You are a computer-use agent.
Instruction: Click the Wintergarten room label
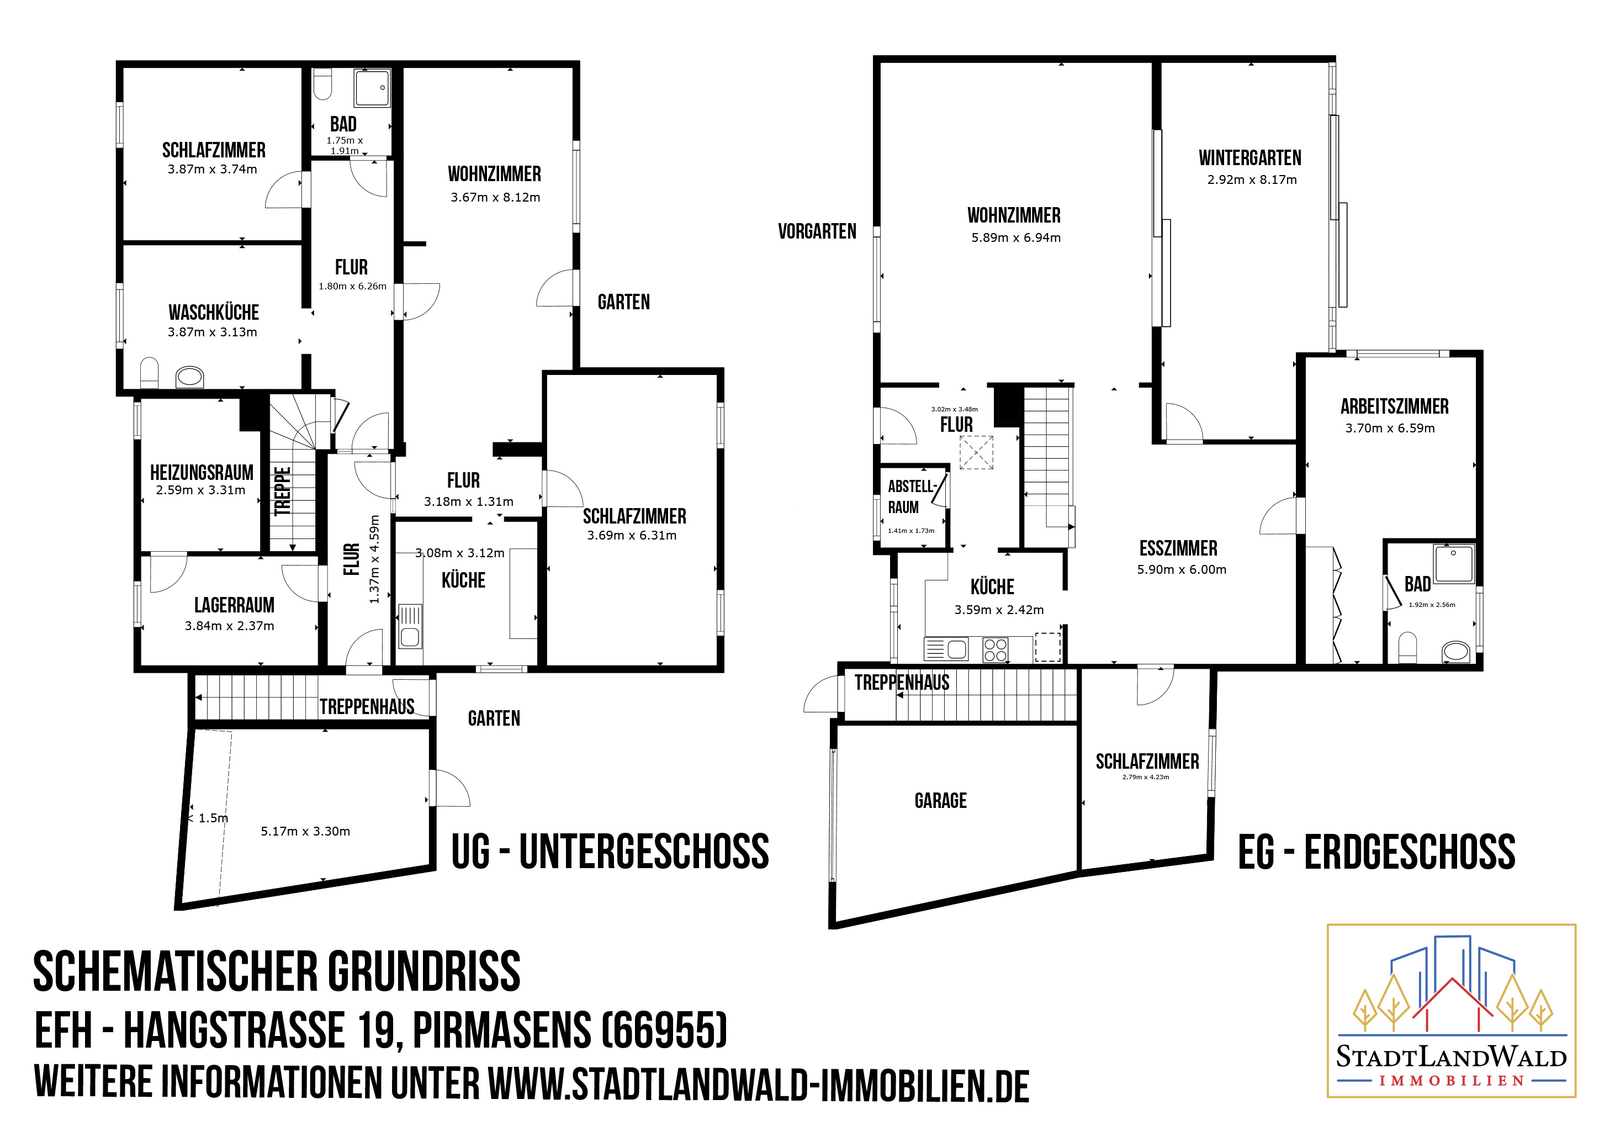coord(1249,158)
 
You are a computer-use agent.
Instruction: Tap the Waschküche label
coord(213,313)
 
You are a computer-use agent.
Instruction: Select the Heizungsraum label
coord(202,473)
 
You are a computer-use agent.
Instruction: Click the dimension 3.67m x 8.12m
coord(495,198)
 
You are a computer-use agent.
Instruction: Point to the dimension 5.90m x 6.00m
coord(1181,570)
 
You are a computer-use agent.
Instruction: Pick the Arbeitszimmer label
coord(1394,406)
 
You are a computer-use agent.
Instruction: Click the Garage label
coord(940,801)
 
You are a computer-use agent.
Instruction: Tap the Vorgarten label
coord(817,232)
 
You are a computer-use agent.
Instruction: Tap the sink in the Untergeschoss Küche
coord(410,626)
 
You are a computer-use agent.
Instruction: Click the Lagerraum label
coord(234,605)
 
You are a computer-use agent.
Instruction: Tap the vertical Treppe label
coord(282,491)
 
